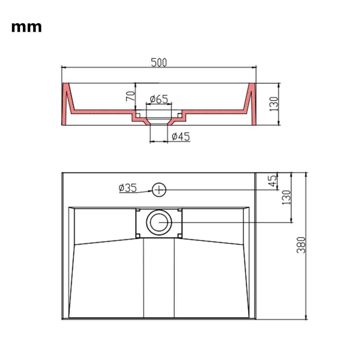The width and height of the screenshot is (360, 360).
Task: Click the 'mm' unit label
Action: (26, 27)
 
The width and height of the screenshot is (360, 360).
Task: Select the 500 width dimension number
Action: (159, 63)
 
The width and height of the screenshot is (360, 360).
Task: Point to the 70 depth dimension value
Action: (130, 96)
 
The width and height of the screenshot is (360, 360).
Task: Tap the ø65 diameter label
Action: (159, 99)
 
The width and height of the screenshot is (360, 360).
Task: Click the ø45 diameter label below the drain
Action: (181, 136)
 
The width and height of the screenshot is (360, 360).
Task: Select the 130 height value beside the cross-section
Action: (274, 104)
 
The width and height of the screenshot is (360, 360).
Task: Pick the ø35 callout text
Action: (127, 188)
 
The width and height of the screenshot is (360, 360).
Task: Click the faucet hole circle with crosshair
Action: (159, 190)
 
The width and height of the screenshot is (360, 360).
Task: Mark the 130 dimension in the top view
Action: (286, 197)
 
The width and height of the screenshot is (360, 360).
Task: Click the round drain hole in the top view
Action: (159, 223)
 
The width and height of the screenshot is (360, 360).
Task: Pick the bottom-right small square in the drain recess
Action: (180, 235)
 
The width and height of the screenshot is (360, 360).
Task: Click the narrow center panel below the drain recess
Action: (159, 278)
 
